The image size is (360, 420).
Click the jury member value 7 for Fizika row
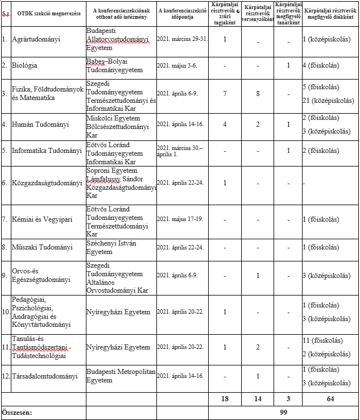pyautogui.click(x=225, y=93)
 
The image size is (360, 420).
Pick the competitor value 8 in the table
pyautogui.click(x=258, y=93)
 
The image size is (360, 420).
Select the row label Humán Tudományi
pyautogui.click(x=40, y=123)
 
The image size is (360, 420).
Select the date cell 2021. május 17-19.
pyautogui.click(x=180, y=219)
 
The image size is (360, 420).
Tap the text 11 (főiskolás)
pyautogui.click(x=323, y=340)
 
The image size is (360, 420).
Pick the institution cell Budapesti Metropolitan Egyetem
pyautogui.click(x=121, y=376)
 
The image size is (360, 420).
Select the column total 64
pyautogui.click(x=330, y=399)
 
